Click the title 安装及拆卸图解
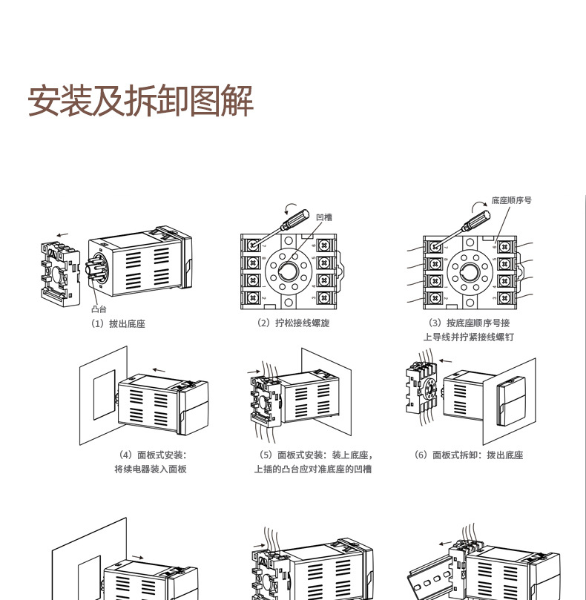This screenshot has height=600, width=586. coord(141,101)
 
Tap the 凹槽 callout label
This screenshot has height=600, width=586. coord(323,217)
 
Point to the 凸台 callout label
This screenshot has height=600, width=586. coord(99,309)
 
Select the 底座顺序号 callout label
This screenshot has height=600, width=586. coord(512,201)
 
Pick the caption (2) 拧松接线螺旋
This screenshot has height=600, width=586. coord(292,323)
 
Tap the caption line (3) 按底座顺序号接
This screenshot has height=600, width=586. coord(469,323)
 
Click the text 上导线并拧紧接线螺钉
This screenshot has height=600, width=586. coord(469,337)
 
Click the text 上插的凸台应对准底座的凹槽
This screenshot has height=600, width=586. coord(312,469)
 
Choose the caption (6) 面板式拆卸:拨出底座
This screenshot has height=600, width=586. coord(468,455)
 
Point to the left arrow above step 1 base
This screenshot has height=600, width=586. coord(62,235)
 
